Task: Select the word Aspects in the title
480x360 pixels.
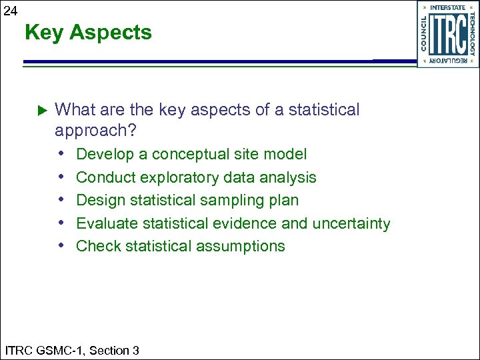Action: (111, 32)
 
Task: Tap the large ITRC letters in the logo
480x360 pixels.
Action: (447, 34)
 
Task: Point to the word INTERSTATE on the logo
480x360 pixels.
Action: (448, 7)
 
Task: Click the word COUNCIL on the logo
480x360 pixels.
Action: (424, 33)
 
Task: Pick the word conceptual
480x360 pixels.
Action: (194, 155)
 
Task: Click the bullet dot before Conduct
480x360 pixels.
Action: (61, 177)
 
